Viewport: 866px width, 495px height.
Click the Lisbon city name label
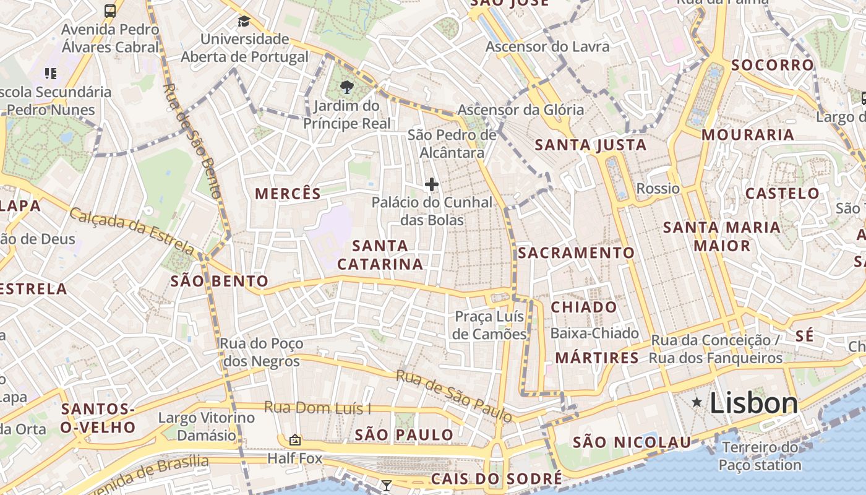753,403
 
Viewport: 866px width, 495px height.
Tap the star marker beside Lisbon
697,403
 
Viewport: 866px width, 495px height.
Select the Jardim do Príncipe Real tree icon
347,87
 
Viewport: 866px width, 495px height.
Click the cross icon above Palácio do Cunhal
432,184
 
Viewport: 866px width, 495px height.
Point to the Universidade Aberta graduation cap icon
244,22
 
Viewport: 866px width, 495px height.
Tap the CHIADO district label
584,308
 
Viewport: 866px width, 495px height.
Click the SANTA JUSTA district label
590,145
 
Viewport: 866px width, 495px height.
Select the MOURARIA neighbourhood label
748,135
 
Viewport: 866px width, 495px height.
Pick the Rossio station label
658,189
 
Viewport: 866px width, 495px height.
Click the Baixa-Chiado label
594,334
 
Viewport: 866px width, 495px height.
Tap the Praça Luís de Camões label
489,325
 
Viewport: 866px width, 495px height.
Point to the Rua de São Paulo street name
454,396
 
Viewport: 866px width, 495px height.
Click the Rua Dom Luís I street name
318,408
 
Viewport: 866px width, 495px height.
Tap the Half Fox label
295,458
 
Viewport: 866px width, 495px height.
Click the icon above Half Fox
295,440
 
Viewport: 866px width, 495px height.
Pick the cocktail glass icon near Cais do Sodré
387,486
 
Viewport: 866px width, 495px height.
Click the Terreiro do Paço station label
760,456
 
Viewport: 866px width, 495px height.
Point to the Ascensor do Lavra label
547,47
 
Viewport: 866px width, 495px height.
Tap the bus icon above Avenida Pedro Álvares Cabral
110,11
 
